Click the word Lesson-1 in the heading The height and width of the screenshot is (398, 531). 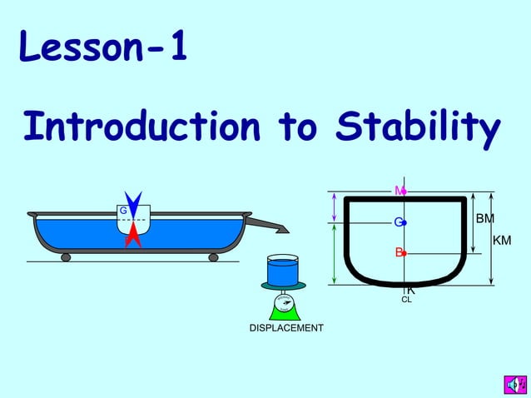coord(102,49)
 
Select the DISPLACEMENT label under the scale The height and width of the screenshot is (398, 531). coord(286,328)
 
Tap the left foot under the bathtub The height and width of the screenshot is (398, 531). coord(66,257)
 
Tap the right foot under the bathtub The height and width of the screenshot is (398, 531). coord(213,257)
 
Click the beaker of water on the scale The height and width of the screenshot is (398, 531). coord(283,271)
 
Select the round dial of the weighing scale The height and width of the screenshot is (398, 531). coord(283,305)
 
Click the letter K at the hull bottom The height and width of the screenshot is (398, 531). coord(410,291)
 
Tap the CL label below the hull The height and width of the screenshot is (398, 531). coord(406,300)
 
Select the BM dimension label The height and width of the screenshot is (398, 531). coord(484,219)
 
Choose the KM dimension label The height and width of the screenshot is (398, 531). coord(503,241)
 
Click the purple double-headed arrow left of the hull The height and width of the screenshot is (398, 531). coord(335,207)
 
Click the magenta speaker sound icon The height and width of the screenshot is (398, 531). coord(514,384)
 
